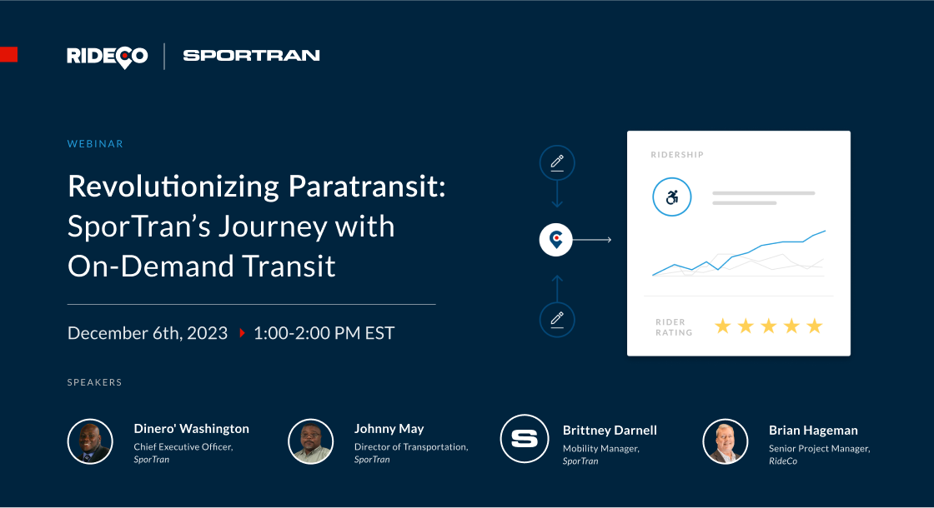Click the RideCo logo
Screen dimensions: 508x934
(x=107, y=56)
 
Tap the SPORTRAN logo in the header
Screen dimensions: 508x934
(x=251, y=56)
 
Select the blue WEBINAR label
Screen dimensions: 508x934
(x=95, y=144)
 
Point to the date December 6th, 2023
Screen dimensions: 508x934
(x=148, y=333)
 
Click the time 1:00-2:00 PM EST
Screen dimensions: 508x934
(x=324, y=333)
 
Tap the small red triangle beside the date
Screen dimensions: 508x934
(x=242, y=333)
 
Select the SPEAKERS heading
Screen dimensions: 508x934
(x=94, y=382)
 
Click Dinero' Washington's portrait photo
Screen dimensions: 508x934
(x=90, y=441)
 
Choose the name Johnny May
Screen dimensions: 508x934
(x=389, y=429)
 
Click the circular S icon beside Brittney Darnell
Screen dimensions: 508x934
(x=523, y=438)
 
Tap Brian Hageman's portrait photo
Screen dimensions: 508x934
(x=725, y=441)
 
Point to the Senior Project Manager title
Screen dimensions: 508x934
(x=819, y=449)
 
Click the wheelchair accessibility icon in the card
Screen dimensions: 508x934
(x=672, y=199)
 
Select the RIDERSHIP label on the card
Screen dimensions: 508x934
(x=677, y=155)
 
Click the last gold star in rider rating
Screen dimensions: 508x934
(x=814, y=326)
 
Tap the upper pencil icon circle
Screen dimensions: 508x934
(x=557, y=162)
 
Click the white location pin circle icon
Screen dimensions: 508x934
(x=556, y=240)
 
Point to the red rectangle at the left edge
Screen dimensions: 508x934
(x=8, y=55)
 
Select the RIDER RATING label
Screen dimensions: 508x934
(x=674, y=327)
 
